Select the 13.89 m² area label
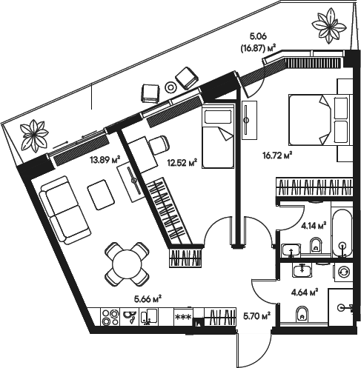point(104,159)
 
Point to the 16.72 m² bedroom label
point(278,155)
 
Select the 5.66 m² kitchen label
point(147,299)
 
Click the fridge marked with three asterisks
point(181,318)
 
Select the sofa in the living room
point(62,210)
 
